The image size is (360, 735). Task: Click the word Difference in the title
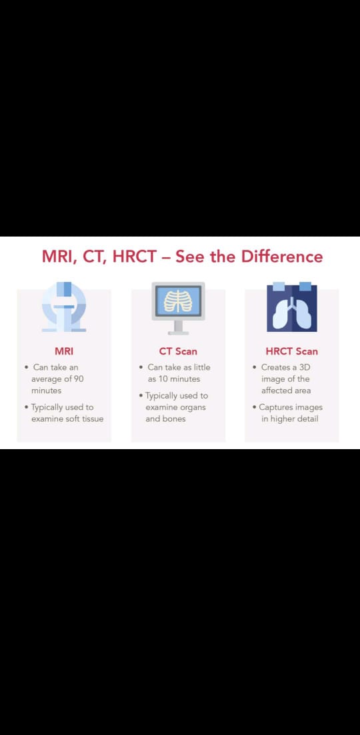[282, 257]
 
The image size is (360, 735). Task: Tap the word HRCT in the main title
[133, 257]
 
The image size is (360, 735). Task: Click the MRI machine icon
[64, 307]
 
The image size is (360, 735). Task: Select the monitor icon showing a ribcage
[178, 309]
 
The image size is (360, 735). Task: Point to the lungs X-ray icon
[292, 307]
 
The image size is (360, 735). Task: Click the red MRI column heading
[64, 351]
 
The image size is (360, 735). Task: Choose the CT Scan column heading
[178, 351]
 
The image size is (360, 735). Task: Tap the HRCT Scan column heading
[291, 351]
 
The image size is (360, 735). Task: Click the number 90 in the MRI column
[78, 378]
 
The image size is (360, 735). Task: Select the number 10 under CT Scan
[164, 378]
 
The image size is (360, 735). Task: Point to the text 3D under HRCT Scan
[305, 368]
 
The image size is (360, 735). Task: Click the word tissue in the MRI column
[93, 418]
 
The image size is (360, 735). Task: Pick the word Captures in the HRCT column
[277, 407]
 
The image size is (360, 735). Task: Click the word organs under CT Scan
[191, 407]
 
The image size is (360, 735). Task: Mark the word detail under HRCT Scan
[307, 418]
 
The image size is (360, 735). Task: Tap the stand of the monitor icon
[178, 328]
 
